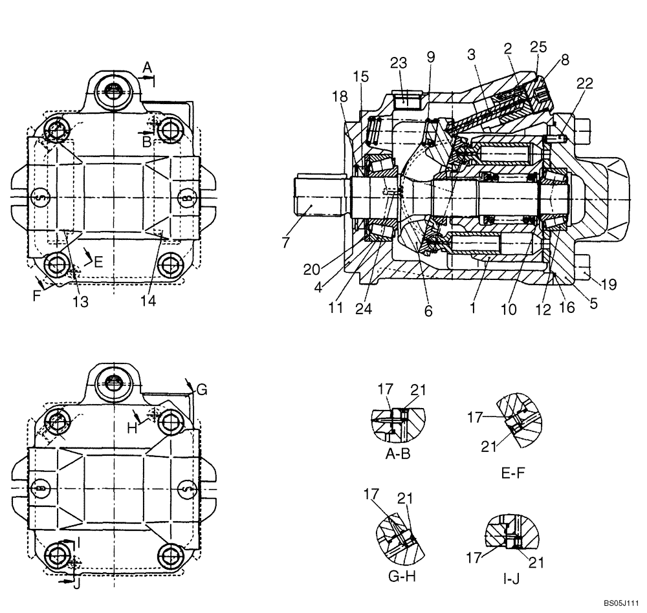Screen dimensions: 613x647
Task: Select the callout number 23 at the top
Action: pyautogui.click(x=399, y=63)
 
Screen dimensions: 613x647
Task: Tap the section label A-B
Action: pyautogui.click(x=398, y=454)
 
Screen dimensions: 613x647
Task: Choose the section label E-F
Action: pyautogui.click(x=512, y=473)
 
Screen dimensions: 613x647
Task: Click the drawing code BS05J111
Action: pyautogui.click(x=625, y=603)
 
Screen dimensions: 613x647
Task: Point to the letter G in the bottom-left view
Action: pyautogui.click(x=201, y=389)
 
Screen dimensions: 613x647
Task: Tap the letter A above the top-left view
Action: pyautogui.click(x=147, y=66)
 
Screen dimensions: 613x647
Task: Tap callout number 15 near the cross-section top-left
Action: pyautogui.click(x=361, y=76)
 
